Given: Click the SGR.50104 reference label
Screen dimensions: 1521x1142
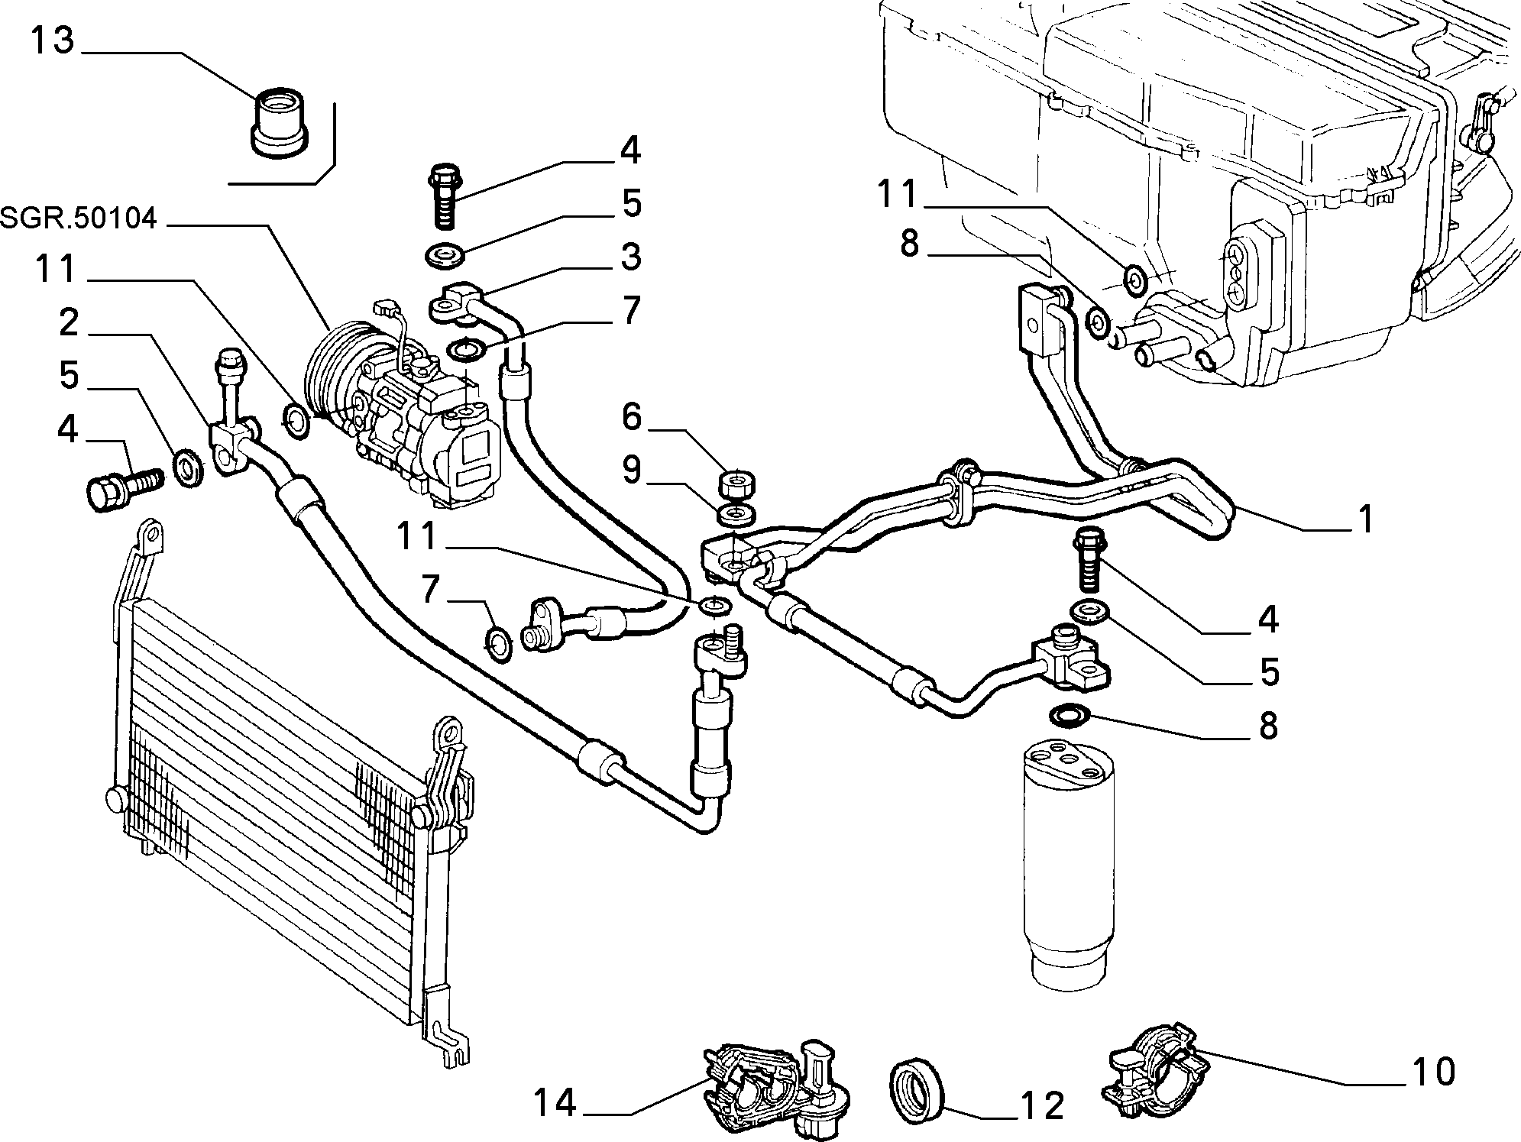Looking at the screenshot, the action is coord(79,219).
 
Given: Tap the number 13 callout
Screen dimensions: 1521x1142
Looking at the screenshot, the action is coord(51,40).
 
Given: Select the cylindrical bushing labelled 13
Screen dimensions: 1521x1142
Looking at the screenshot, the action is coord(280,125).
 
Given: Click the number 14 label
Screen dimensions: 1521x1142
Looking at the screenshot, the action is coord(554,1102).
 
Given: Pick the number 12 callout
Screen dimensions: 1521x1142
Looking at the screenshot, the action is coord(1041,1105).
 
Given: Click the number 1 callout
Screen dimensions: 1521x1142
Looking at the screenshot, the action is coord(1365,519).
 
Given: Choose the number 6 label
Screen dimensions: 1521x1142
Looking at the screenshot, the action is coord(631,417).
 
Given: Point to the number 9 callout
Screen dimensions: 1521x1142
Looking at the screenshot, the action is coord(631,470).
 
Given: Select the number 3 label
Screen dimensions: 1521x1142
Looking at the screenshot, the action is coord(629,257).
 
